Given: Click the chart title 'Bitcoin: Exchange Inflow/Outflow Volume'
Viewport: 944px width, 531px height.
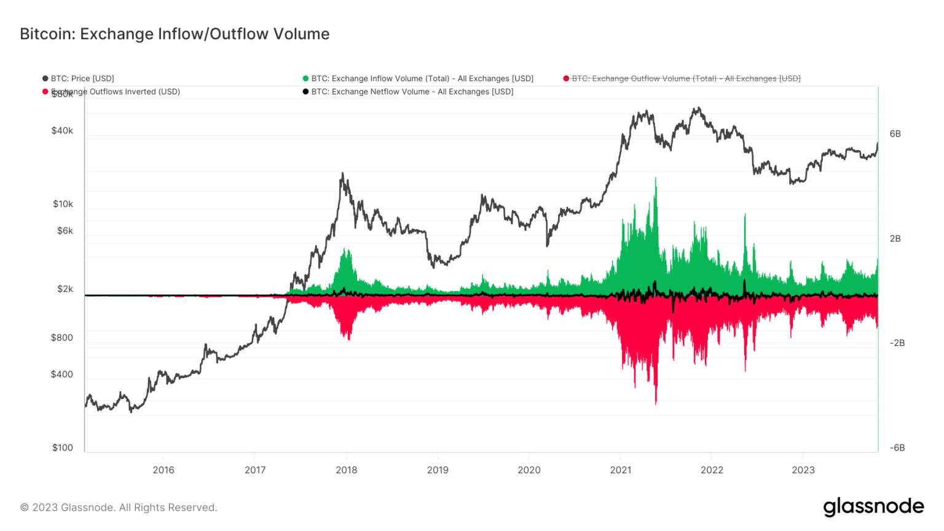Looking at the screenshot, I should [175, 34].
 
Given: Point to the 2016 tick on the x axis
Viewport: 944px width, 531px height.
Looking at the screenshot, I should [163, 470].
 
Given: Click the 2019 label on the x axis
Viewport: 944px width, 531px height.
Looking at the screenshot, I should [438, 470].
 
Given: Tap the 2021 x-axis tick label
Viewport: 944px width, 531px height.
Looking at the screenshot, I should [621, 470].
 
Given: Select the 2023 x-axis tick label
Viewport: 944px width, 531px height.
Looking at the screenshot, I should [803, 470].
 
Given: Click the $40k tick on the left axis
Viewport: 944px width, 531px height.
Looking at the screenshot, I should [62, 131].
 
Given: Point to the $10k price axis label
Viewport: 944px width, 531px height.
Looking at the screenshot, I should [63, 204].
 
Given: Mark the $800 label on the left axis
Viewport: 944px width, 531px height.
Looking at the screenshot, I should [62, 337].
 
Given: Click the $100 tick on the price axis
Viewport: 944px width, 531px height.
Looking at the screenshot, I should [63, 448].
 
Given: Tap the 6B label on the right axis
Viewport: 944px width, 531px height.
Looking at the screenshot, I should [895, 134].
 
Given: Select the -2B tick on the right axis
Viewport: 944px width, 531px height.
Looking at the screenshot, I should [897, 343].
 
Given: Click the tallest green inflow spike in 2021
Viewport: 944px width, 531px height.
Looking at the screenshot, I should [656, 180].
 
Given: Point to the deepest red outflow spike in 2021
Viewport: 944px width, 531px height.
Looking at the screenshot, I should [656, 403].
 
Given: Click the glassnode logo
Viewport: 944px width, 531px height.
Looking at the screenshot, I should [873, 507].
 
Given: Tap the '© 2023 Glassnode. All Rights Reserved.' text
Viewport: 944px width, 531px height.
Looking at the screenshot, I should [119, 508].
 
